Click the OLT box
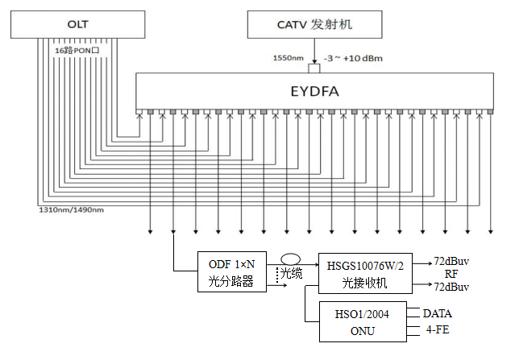coord(78,24)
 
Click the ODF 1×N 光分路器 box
coord(231,271)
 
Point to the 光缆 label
coord(292,275)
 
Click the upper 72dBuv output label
coord(451,261)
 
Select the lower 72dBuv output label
coord(451,288)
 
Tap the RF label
coord(451,274)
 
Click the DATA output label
coord(438,312)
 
